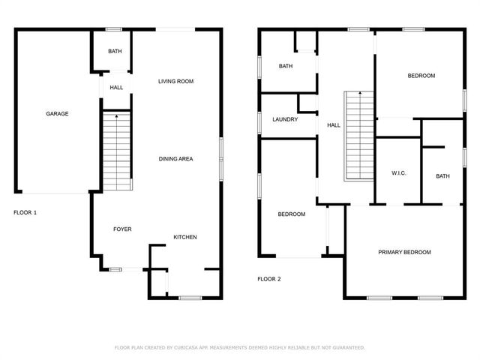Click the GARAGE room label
[57, 114]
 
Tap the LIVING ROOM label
[176, 81]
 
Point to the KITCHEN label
[185, 238]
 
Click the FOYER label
[122, 229]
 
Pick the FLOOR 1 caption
[25, 213]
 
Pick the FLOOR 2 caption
[268, 279]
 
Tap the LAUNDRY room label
[285, 119]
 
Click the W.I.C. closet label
[398, 173]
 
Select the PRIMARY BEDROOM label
[404, 252]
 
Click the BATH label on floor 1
[115, 52]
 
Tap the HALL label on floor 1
[116, 88]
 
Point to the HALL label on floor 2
[332, 125]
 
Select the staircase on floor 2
[359, 136]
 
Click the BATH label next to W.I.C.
[443, 176]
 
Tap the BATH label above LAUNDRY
[286, 66]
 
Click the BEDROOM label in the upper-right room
[421, 76]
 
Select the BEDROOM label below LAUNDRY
[291, 214]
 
